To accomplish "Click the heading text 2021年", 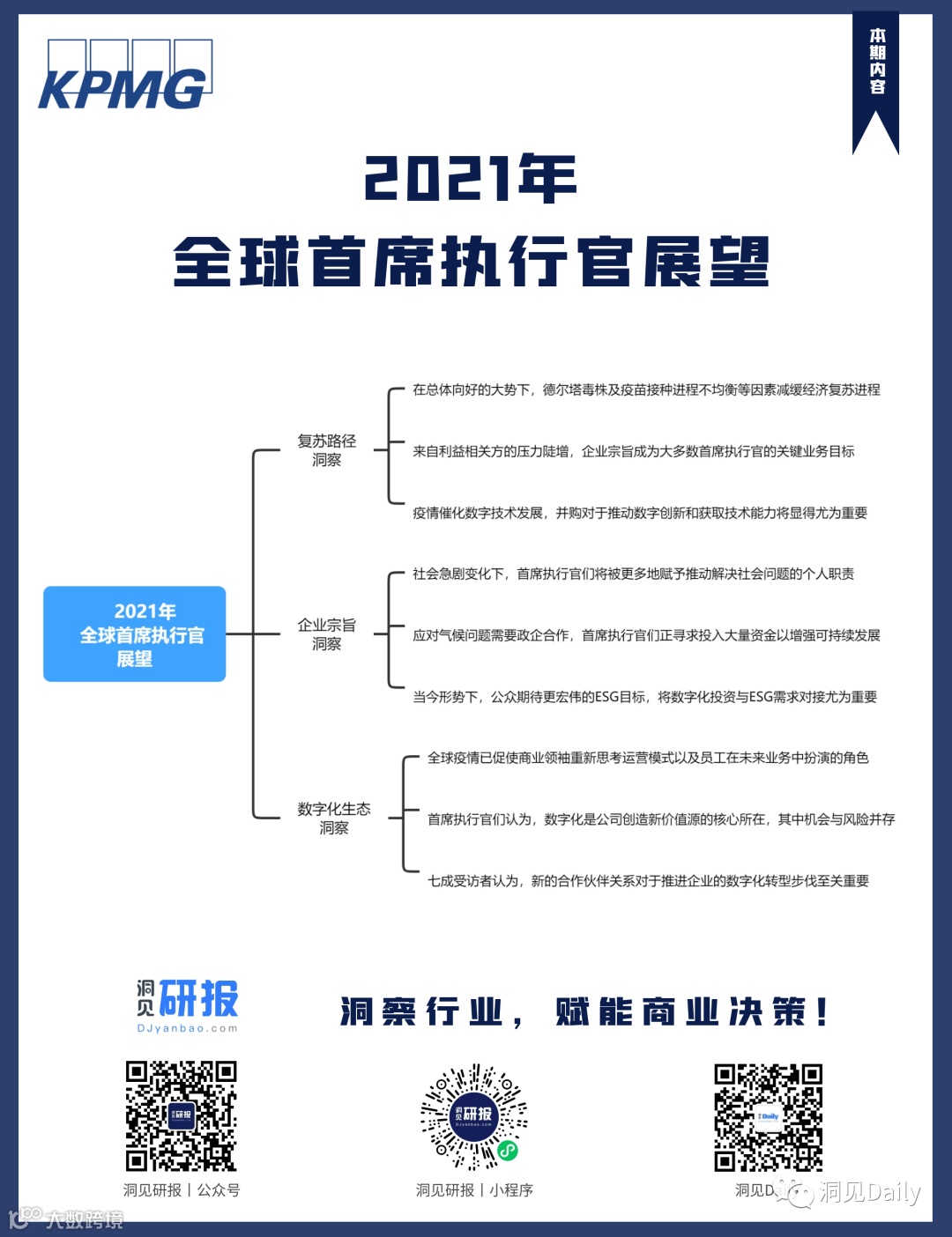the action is [471, 178].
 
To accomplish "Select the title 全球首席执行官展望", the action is [472, 262].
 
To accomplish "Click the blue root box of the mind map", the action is [135, 633].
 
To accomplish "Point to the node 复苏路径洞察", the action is [326, 450].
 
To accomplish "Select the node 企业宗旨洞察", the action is [326, 634].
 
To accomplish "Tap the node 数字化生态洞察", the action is [333, 818].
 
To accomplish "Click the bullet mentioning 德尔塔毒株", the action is [646, 389].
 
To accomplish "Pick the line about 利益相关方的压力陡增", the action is [633, 451].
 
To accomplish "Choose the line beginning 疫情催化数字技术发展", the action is [639, 513].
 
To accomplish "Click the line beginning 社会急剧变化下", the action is [633, 574].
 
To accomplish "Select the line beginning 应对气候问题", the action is [646, 635].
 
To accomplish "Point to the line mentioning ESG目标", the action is [644, 697].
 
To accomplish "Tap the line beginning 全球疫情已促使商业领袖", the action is [648, 758].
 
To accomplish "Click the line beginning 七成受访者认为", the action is [648, 881].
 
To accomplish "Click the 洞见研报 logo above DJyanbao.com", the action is [188, 1004].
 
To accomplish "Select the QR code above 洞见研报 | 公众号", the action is [181, 1115].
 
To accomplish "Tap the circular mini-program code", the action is [474, 1115].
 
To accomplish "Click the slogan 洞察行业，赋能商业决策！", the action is [584, 1012].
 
